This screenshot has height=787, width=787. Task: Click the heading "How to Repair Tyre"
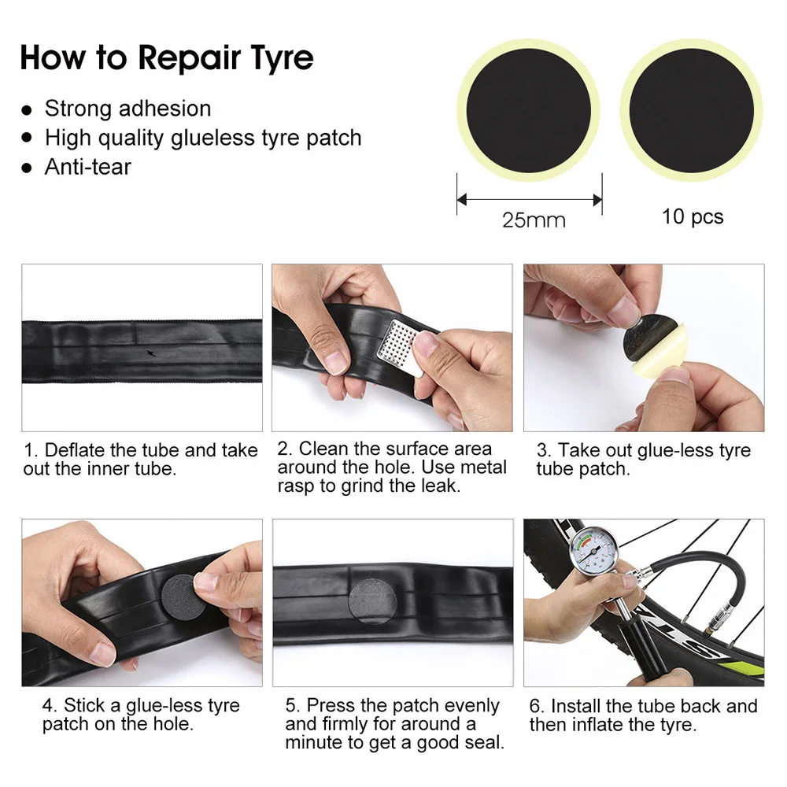click(166, 58)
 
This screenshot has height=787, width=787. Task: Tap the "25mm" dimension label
click(534, 220)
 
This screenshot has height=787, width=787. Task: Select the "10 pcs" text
click(692, 216)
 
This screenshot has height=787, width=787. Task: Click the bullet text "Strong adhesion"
click(127, 109)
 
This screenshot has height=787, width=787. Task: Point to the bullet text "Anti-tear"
click(87, 167)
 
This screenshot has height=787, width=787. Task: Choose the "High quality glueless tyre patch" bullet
click(203, 138)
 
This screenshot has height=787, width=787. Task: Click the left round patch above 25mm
click(529, 111)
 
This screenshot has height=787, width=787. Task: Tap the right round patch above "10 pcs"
click(692, 111)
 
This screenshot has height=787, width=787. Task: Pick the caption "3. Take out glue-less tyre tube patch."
click(643, 460)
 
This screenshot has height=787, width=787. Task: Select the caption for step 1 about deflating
click(141, 460)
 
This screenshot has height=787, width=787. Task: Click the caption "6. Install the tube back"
click(643, 715)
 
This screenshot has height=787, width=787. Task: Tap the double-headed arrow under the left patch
click(529, 199)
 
